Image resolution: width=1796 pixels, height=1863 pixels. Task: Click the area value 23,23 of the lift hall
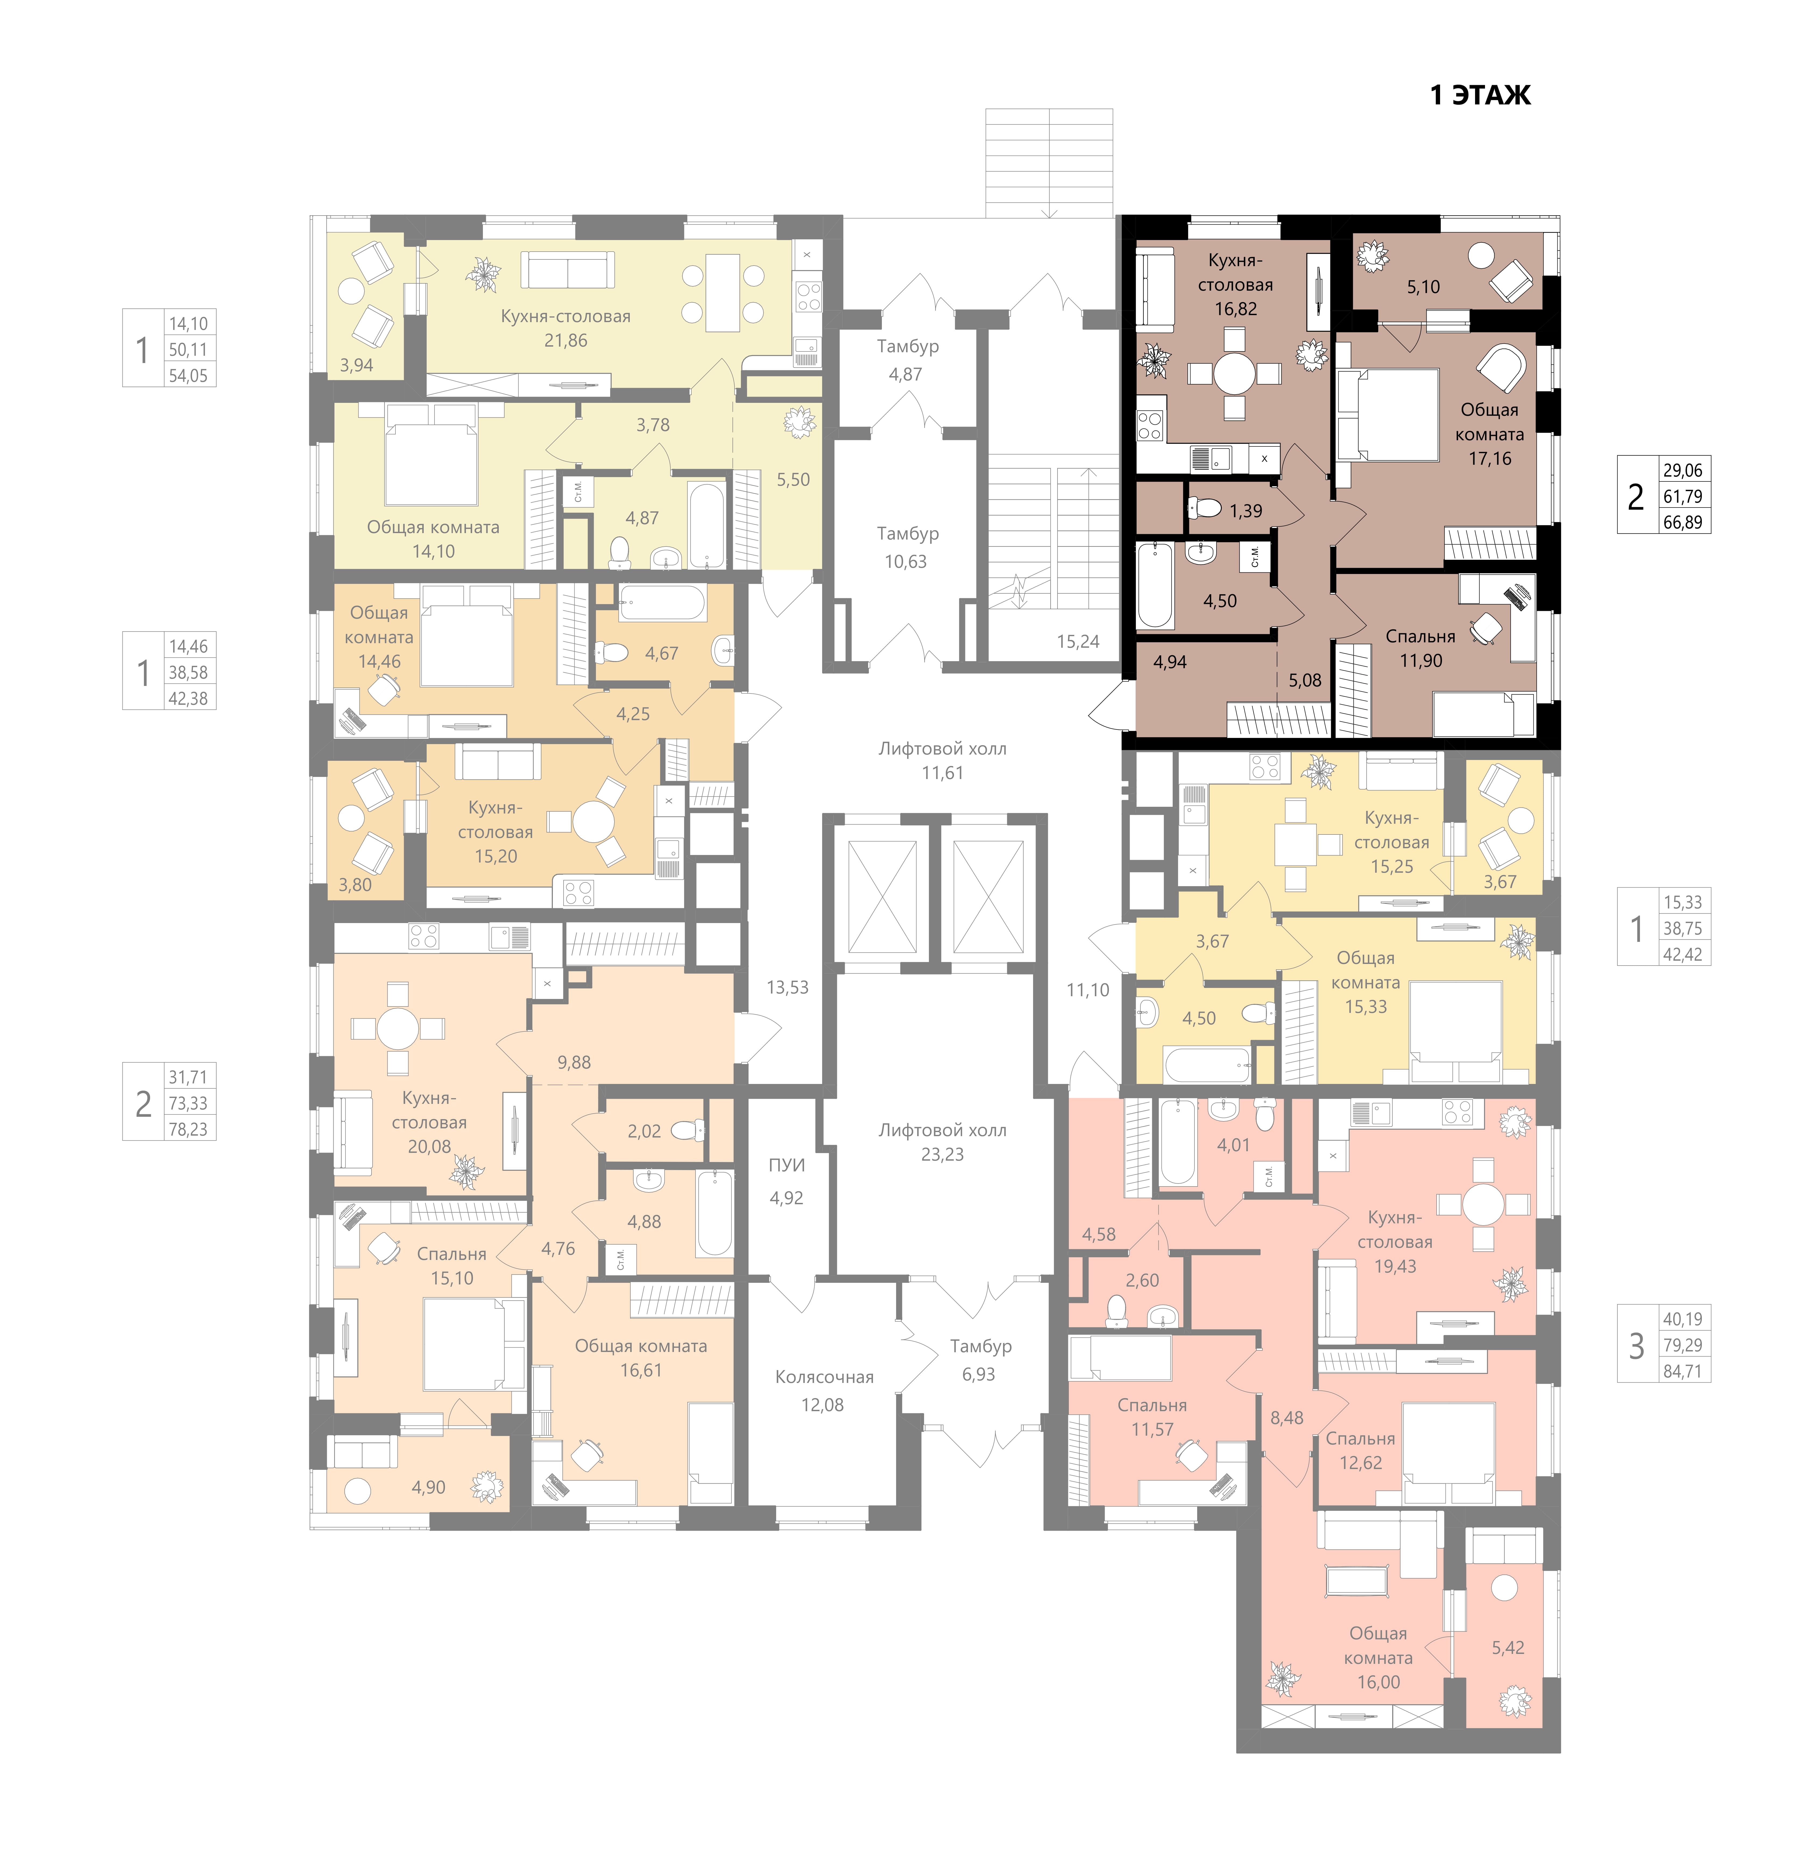coord(942,1154)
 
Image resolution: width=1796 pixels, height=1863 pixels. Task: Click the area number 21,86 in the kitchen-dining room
coord(565,340)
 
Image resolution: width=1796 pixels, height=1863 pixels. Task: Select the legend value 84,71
coord(1682,1371)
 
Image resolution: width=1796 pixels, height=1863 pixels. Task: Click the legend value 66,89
coord(1682,522)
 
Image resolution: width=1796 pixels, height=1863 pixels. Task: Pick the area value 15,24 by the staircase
coord(1078,642)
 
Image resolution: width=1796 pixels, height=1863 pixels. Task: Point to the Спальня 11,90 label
coord(1421,648)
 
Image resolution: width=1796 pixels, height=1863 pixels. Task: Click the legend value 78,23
coord(187,1129)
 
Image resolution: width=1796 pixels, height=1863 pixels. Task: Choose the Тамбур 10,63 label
coord(907,548)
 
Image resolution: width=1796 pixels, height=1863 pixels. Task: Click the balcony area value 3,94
coord(356,365)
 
